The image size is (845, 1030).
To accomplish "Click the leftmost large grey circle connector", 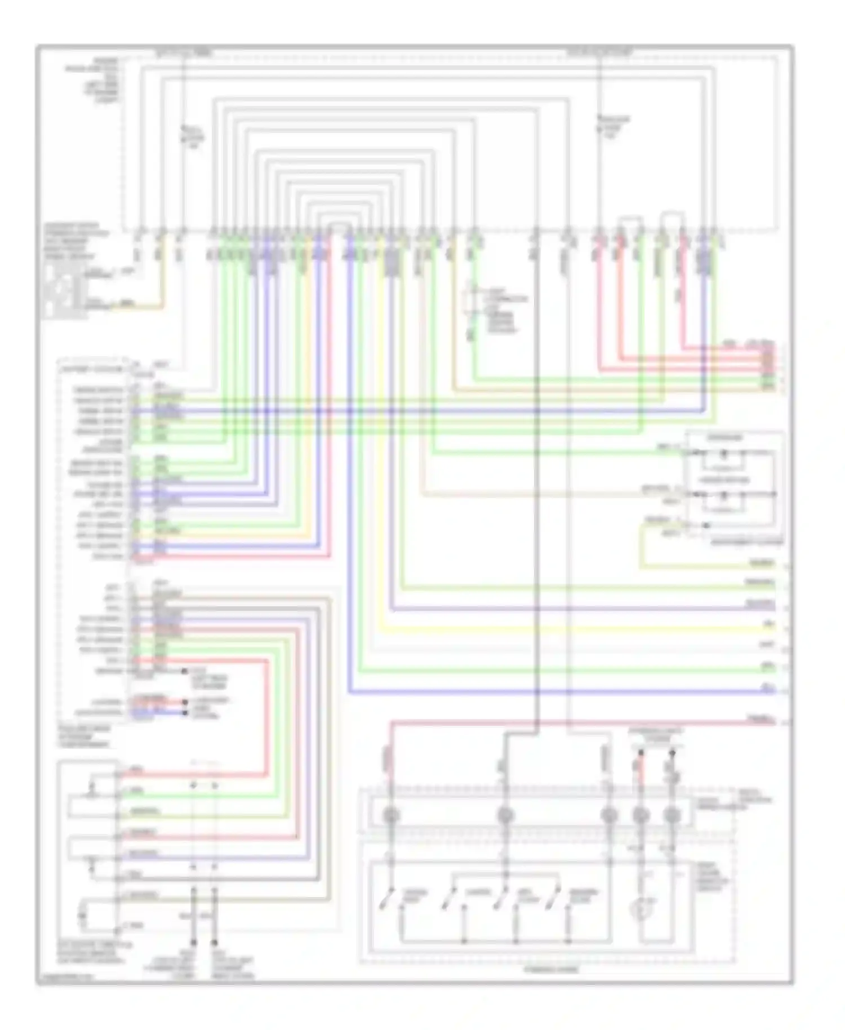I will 390,815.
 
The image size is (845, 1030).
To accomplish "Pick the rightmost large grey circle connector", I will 671,815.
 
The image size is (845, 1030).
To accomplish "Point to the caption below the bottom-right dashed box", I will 550,970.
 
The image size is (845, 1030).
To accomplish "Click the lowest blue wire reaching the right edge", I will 563,691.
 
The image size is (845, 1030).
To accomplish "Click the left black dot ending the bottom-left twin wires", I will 193,942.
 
